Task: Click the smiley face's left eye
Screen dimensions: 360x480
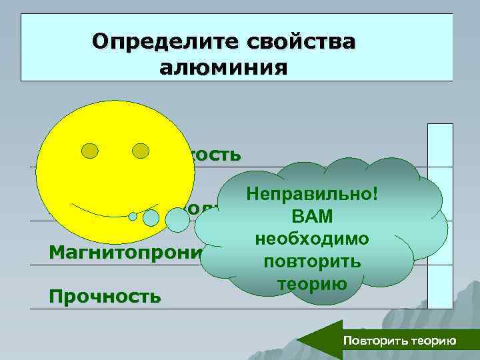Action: point(91,151)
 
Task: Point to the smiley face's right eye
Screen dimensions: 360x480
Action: point(141,151)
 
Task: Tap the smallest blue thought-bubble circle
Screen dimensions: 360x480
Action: point(133,216)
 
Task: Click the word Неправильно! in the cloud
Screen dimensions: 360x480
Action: point(311,194)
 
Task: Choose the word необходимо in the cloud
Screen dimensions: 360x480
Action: point(312,239)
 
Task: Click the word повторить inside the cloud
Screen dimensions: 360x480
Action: point(312,261)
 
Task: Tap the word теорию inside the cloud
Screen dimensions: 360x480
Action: point(313,283)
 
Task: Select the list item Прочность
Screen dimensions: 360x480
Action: point(105,295)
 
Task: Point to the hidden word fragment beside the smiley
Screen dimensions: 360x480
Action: point(214,155)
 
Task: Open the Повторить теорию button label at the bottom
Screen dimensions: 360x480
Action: point(399,341)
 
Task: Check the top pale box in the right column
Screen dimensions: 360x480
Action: point(440,146)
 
